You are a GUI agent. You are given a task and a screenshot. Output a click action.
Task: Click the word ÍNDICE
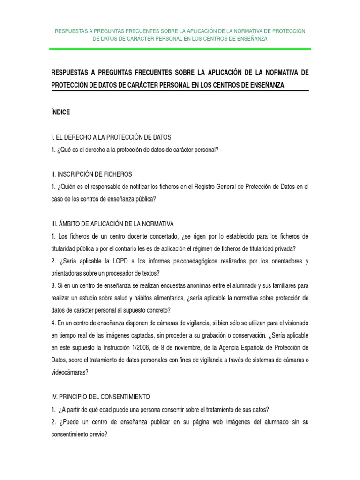60,112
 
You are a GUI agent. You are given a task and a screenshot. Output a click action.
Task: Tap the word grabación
205,335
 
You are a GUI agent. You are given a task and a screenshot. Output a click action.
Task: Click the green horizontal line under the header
180,49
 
